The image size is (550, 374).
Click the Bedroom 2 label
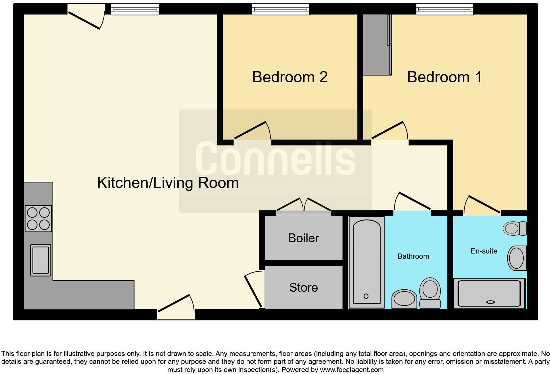(289, 77)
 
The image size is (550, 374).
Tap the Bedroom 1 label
(444, 77)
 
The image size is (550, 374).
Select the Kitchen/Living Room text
(168, 183)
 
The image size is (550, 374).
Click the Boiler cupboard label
(303, 238)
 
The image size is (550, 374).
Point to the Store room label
(303, 287)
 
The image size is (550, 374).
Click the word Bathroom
(413, 256)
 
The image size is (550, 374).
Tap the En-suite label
(484, 251)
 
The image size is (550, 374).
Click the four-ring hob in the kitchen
(38, 219)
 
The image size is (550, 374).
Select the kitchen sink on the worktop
(41, 260)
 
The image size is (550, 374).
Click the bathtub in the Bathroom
(366, 262)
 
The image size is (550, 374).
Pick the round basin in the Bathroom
(404, 299)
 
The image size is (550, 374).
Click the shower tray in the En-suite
(489, 293)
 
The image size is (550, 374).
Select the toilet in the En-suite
(515, 228)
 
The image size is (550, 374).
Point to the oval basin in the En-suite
(517, 258)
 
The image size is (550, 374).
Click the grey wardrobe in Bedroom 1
(377, 44)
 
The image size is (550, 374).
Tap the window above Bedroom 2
(281, 9)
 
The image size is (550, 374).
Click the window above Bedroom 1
(444, 9)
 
